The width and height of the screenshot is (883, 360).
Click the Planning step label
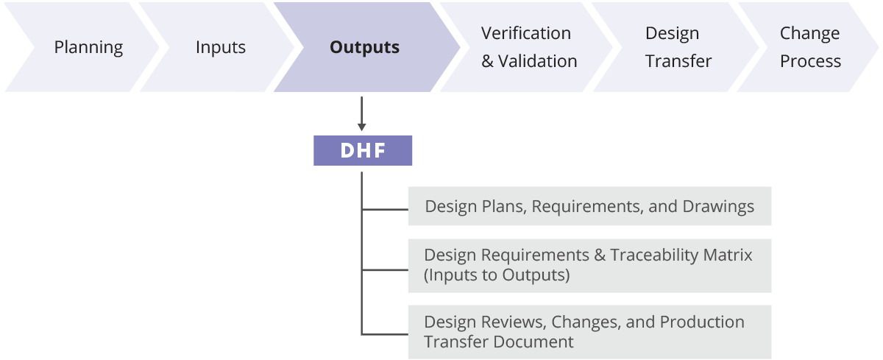click(x=88, y=48)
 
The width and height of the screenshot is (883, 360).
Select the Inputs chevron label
click(x=220, y=48)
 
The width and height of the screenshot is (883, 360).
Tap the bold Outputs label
click(x=364, y=47)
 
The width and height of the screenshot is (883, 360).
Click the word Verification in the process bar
click(x=526, y=33)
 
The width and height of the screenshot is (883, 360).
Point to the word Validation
click(x=538, y=61)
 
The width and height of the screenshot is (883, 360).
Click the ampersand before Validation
click(x=487, y=61)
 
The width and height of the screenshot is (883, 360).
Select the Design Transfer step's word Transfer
click(x=678, y=61)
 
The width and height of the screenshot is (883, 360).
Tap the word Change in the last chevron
click(x=809, y=34)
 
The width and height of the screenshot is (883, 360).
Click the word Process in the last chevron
click(x=810, y=61)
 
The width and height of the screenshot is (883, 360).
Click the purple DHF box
click(x=363, y=151)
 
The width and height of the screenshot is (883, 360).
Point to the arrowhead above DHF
click(x=361, y=127)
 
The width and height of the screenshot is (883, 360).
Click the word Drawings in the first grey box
click(x=718, y=207)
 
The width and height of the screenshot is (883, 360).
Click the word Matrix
click(x=728, y=255)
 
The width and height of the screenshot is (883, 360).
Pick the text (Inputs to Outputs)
click(x=497, y=275)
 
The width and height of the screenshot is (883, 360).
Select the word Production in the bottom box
click(x=702, y=322)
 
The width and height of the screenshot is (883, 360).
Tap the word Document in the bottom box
click(x=533, y=342)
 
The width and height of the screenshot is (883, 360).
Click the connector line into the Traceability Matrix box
click(x=385, y=270)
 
